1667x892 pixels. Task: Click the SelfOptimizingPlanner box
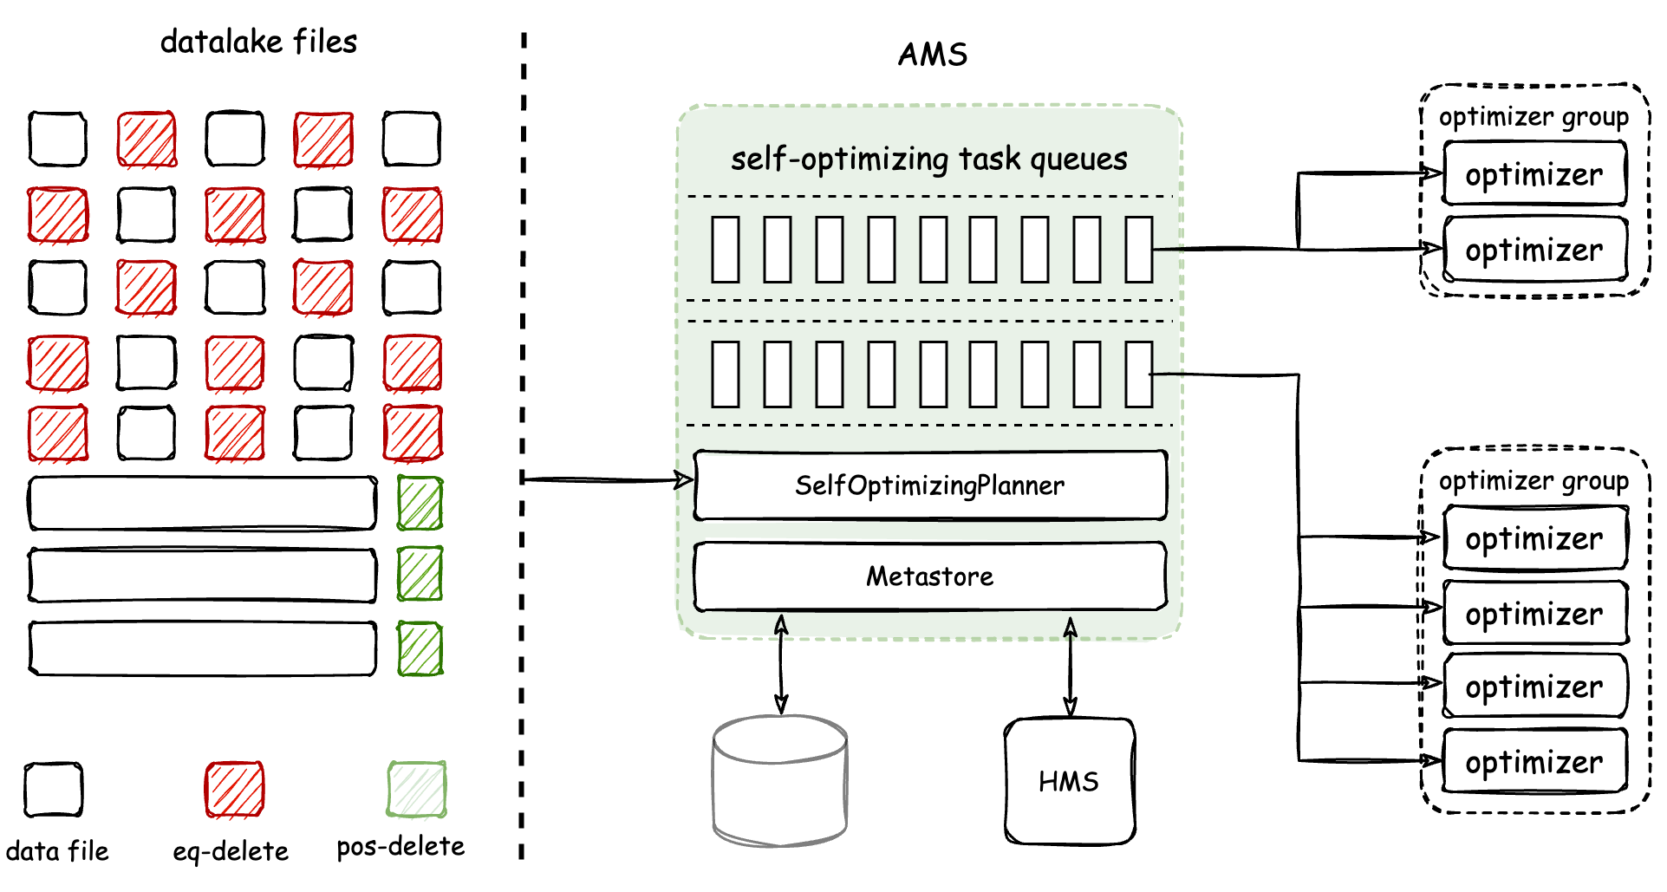coord(930,485)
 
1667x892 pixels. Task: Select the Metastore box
coord(930,576)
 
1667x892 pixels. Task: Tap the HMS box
coord(1069,782)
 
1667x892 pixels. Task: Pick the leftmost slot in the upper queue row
coord(726,250)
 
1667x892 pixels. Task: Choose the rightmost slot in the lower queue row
coord(1138,374)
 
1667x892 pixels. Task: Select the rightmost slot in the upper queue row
coord(1138,250)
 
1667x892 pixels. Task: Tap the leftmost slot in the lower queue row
coord(726,374)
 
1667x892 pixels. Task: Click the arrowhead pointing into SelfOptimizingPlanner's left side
coord(683,479)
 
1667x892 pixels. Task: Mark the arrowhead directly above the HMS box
coord(1071,625)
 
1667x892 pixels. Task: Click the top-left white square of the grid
coord(58,138)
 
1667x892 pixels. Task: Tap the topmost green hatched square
coord(420,503)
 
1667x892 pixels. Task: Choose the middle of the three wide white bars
coord(203,576)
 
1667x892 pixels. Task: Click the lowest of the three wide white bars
coord(203,648)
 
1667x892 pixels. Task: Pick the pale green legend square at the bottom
coord(417,790)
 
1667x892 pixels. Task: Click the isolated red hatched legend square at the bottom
coord(235,790)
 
